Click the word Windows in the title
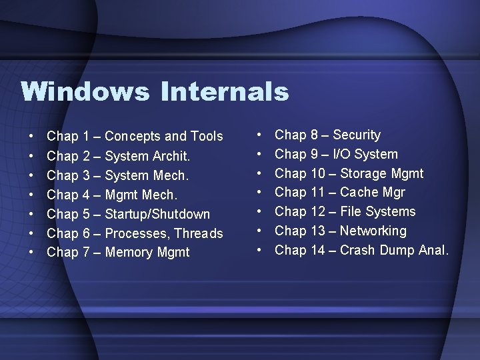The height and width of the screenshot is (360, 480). pyautogui.click(x=85, y=91)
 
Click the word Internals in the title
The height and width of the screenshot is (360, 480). pyautogui.click(x=225, y=91)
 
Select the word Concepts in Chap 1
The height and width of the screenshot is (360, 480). pyautogui.click(x=133, y=137)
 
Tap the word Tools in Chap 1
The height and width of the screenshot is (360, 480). pyautogui.click(x=207, y=137)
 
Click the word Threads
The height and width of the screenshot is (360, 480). pyautogui.click(x=199, y=233)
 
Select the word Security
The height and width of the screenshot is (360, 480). pyautogui.click(x=357, y=135)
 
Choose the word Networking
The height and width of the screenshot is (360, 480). pyautogui.click(x=373, y=231)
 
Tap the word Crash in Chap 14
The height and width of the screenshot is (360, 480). pyautogui.click(x=359, y=251)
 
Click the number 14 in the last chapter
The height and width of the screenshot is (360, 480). pyautogui.click(x=318, y=251)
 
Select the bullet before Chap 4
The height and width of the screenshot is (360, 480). pyautogui.click(x=31, y=195)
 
